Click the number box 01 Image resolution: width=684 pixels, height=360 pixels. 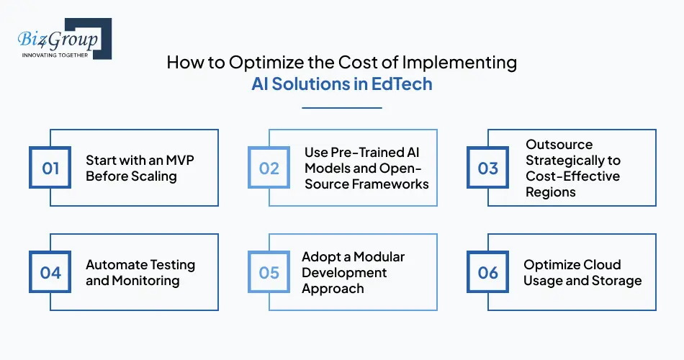50,168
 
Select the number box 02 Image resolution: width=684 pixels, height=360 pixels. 269,168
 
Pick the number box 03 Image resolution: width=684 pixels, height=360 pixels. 488,168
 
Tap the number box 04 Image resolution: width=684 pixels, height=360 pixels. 50,273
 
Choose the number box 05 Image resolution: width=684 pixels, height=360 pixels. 269,273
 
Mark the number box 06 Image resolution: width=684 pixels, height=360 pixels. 488,273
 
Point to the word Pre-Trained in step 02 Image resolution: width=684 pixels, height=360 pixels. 365,152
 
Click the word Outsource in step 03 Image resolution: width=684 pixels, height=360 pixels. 559,144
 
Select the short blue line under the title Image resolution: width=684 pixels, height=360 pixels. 341,108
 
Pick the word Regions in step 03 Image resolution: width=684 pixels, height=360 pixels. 551,192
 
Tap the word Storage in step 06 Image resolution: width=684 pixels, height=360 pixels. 615,281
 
